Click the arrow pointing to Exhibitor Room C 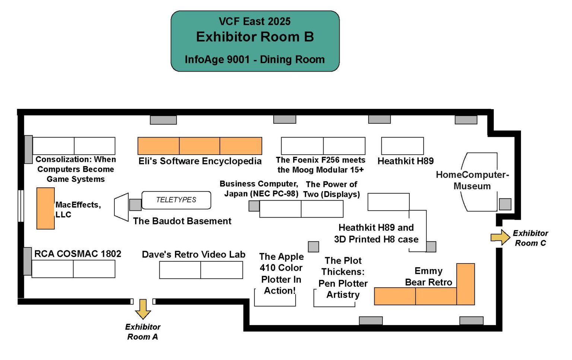(500, 237)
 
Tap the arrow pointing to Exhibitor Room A (143, 308)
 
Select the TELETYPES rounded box (176, 200)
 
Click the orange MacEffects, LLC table (45, 208)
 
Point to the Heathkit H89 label (406, 161)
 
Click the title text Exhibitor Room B (255, 37)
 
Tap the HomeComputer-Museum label (472, 180)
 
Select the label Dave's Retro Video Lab (194, 255)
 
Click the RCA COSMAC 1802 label (78, 254)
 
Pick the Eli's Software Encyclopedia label (200, 161)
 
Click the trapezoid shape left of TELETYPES (121, 207)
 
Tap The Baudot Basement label (182, 221)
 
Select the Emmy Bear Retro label (429, 277)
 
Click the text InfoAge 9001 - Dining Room (255, 60)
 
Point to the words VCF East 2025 (255, 22)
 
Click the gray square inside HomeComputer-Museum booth (505, 204)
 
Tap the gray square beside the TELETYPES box (136, 205)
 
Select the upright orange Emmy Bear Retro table (465, 284)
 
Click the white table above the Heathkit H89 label (402, 146)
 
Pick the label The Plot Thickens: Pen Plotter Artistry (343, 278)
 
